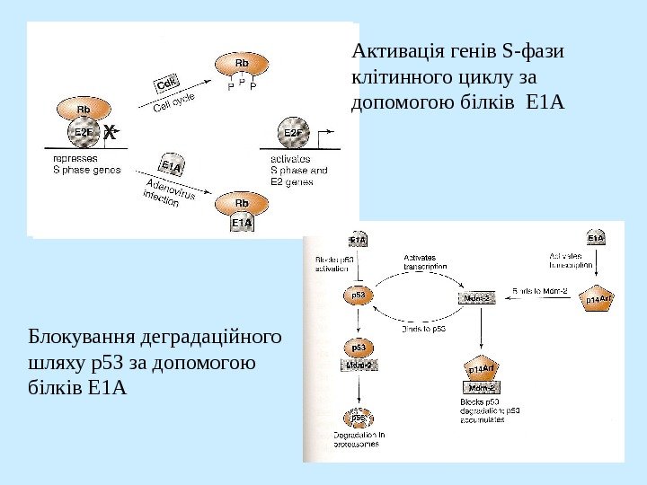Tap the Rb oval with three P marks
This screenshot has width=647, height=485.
point(241,65)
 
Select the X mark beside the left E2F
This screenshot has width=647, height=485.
point(111,133)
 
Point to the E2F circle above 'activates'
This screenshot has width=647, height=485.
point(293,133)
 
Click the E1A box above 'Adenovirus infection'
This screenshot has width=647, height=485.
point(171,166)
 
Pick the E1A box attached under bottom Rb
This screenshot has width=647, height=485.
point(242,222)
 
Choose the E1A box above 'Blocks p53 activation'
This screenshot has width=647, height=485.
point(357,240)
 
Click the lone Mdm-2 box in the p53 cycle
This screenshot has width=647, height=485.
point(476,297)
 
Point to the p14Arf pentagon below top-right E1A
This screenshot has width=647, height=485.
point(598,298)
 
